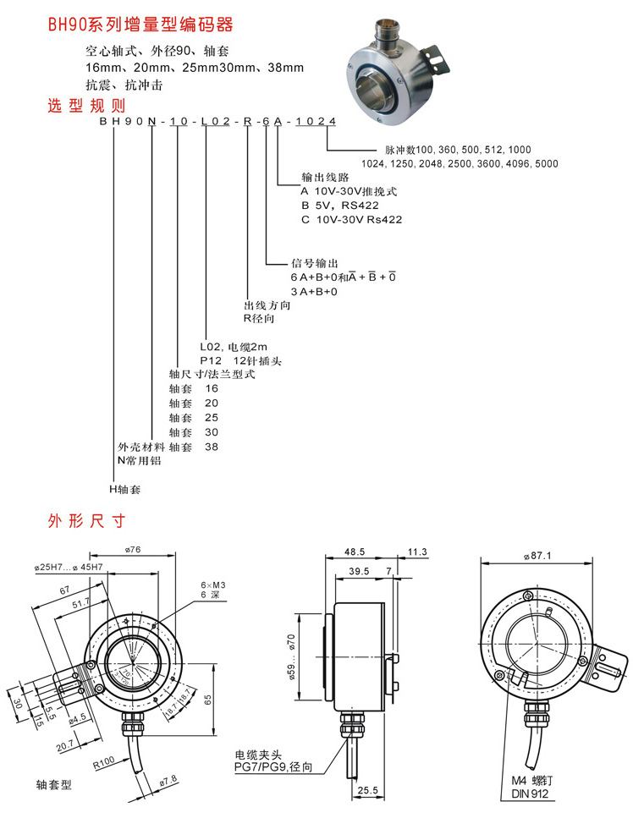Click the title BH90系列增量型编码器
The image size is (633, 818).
click(140, 24)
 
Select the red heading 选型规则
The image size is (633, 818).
click(85, 106)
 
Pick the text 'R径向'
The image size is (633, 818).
click(259, 319)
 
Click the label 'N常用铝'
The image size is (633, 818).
click(138, 460)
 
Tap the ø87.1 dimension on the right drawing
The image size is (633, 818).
click(538, 556)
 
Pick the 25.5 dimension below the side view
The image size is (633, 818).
click(368, 790)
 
